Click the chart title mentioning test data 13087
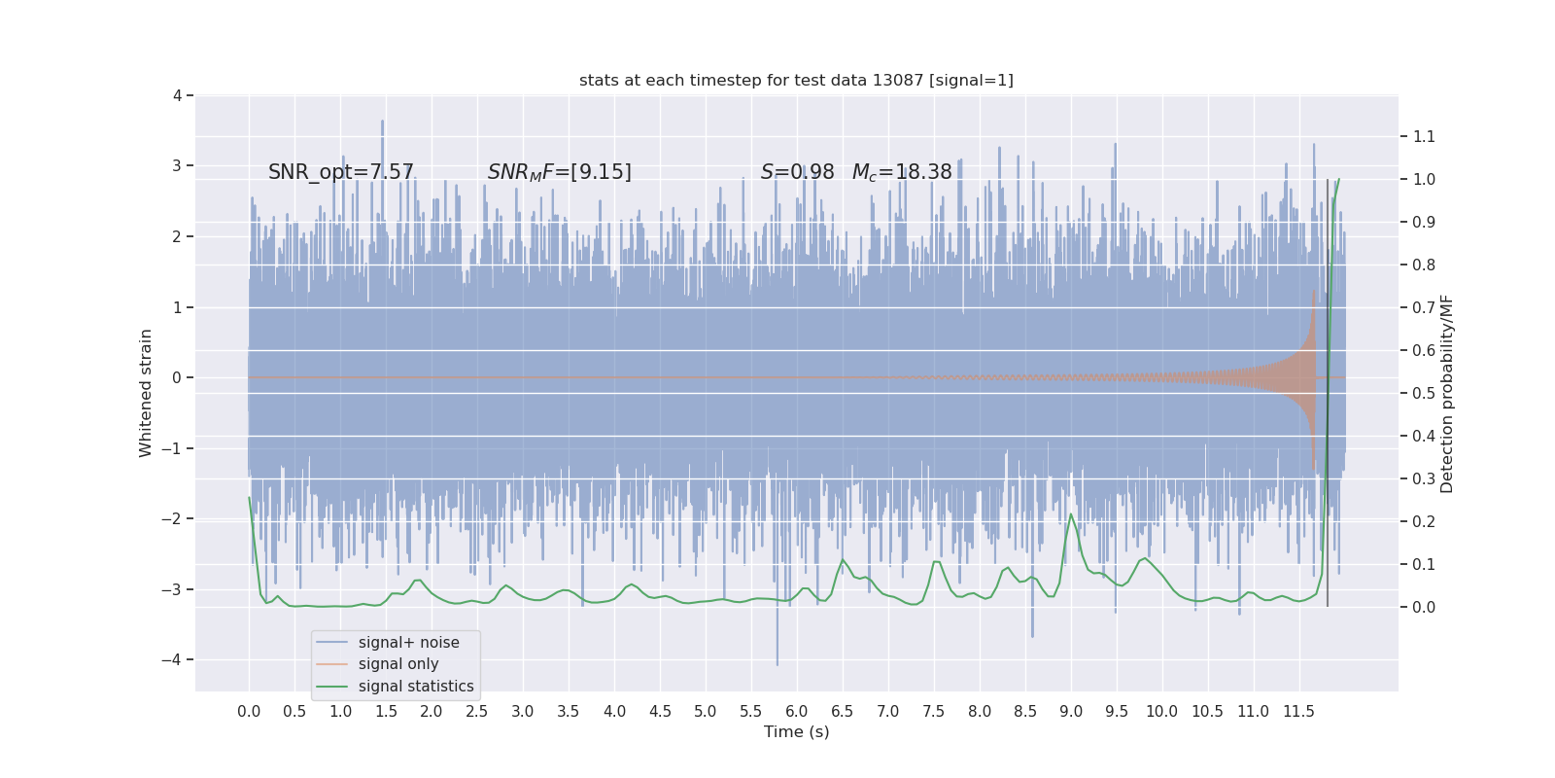[796, 80]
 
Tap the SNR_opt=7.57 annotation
[341, 172]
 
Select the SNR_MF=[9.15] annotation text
[559, 172]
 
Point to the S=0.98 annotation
[797, 172]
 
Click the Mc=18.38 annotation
[902, 172]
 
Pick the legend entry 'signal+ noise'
[408, 643]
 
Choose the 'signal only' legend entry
[398, 664]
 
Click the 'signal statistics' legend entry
[416, 687]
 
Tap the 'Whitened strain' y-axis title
[146, 393]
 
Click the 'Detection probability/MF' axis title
[1447, 393]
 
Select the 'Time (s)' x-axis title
[796, 731]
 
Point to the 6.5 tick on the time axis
[842, 711]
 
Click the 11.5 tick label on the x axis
[1298, 711]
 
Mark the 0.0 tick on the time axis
[249, 711]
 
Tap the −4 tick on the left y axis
[176, 659]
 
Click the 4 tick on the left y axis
[178, 95]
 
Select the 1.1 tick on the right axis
[1424, 136]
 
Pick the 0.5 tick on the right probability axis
[1424, 393]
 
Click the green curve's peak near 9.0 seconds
[1071, 514]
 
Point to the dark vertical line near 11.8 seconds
[1328, 389]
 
